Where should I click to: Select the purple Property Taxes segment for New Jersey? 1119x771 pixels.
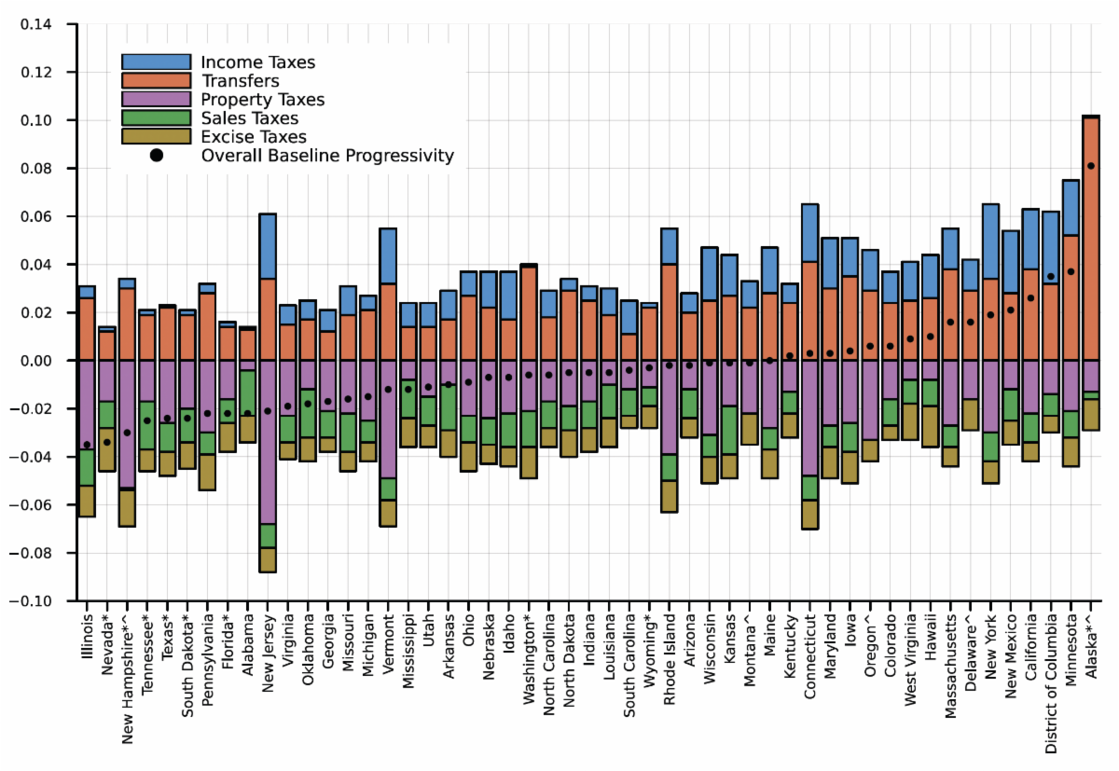(268, 442)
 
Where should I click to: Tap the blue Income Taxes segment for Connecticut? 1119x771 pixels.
(809, 232)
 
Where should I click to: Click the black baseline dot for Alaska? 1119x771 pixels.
(1091, 166)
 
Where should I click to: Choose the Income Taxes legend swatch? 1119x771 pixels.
(156, 62)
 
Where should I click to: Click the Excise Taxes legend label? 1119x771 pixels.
(254, 137)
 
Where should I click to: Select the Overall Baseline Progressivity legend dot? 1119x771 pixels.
(156, 156)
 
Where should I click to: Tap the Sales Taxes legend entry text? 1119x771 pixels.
(250, 118)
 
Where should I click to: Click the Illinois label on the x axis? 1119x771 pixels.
(87, 635)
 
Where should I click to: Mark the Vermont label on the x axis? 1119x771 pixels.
(388, 640)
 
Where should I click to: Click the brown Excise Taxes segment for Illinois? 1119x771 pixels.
(87, 501)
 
